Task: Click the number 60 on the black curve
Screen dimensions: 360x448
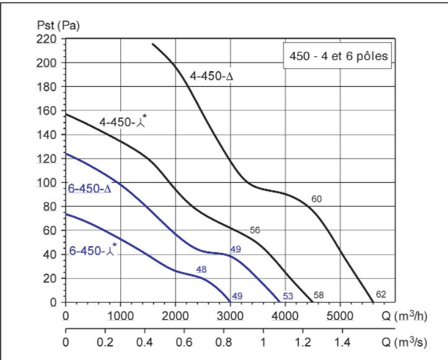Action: point(317,199)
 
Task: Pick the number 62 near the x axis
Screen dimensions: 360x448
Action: point(381,294)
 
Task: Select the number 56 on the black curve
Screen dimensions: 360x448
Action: point(254,230)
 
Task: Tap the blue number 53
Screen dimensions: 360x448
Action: point(288,296)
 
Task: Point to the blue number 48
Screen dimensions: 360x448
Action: point(201,269)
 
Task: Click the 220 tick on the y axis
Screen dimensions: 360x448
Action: point(48,39)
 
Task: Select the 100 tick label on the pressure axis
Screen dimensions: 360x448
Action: point(48,183)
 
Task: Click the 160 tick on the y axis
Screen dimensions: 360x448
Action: point(48,111)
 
